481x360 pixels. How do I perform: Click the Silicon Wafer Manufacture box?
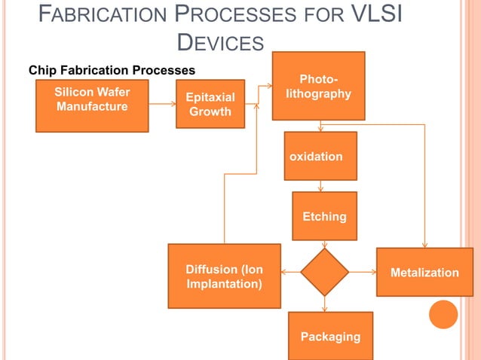tap(92, 105)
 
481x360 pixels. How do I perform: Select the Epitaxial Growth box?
tap(210, 104)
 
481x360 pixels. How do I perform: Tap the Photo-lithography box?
tap(318, 86)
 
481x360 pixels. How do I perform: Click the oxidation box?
tap(320, 156)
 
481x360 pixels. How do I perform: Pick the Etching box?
tap(324, 216)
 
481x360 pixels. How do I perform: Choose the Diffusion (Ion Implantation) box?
tap(224, 276)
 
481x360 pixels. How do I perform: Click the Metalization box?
tap(424, 272)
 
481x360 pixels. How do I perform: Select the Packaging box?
tap(330, 336)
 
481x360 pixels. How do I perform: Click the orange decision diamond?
tap(324, 272)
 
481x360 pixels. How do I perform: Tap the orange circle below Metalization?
tap(443, 314)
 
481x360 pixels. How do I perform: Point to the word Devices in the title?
tap(220, 43)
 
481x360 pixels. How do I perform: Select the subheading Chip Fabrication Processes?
tap(112, 70)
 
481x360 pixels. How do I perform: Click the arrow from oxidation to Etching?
tap(322, 186)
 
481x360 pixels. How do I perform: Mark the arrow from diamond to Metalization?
tap(363, 272)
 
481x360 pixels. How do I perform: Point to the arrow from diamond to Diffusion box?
tap(290, 272)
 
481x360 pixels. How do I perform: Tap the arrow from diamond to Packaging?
tap(325, 304)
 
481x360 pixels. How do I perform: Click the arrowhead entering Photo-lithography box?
tap(268, 86)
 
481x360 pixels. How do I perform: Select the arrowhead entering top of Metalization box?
tap(425, 244)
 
